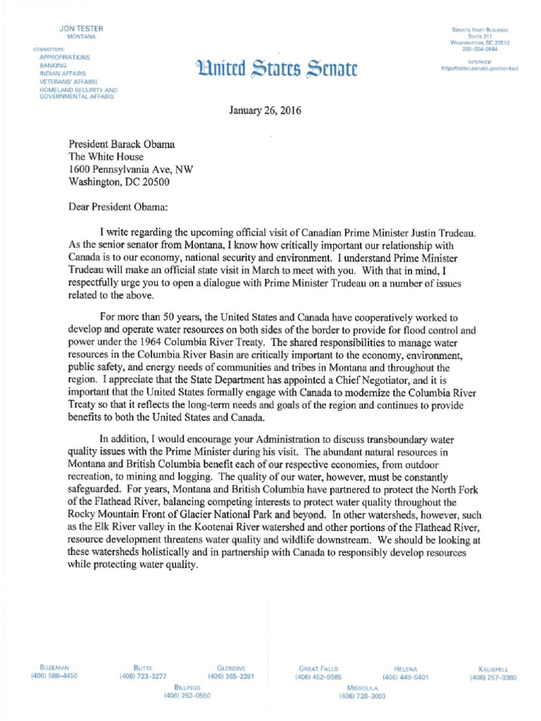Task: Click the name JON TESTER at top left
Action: pyautogui.click(x=82, y=28)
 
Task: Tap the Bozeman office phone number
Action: pyautogui.click(x=54, y=677)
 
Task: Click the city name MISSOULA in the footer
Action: pyautogui.click(x=363, y=686)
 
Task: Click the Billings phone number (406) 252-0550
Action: pyautogui.click(x=187, y=696)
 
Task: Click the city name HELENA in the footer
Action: pyautogui.click(x=405, y=668)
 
